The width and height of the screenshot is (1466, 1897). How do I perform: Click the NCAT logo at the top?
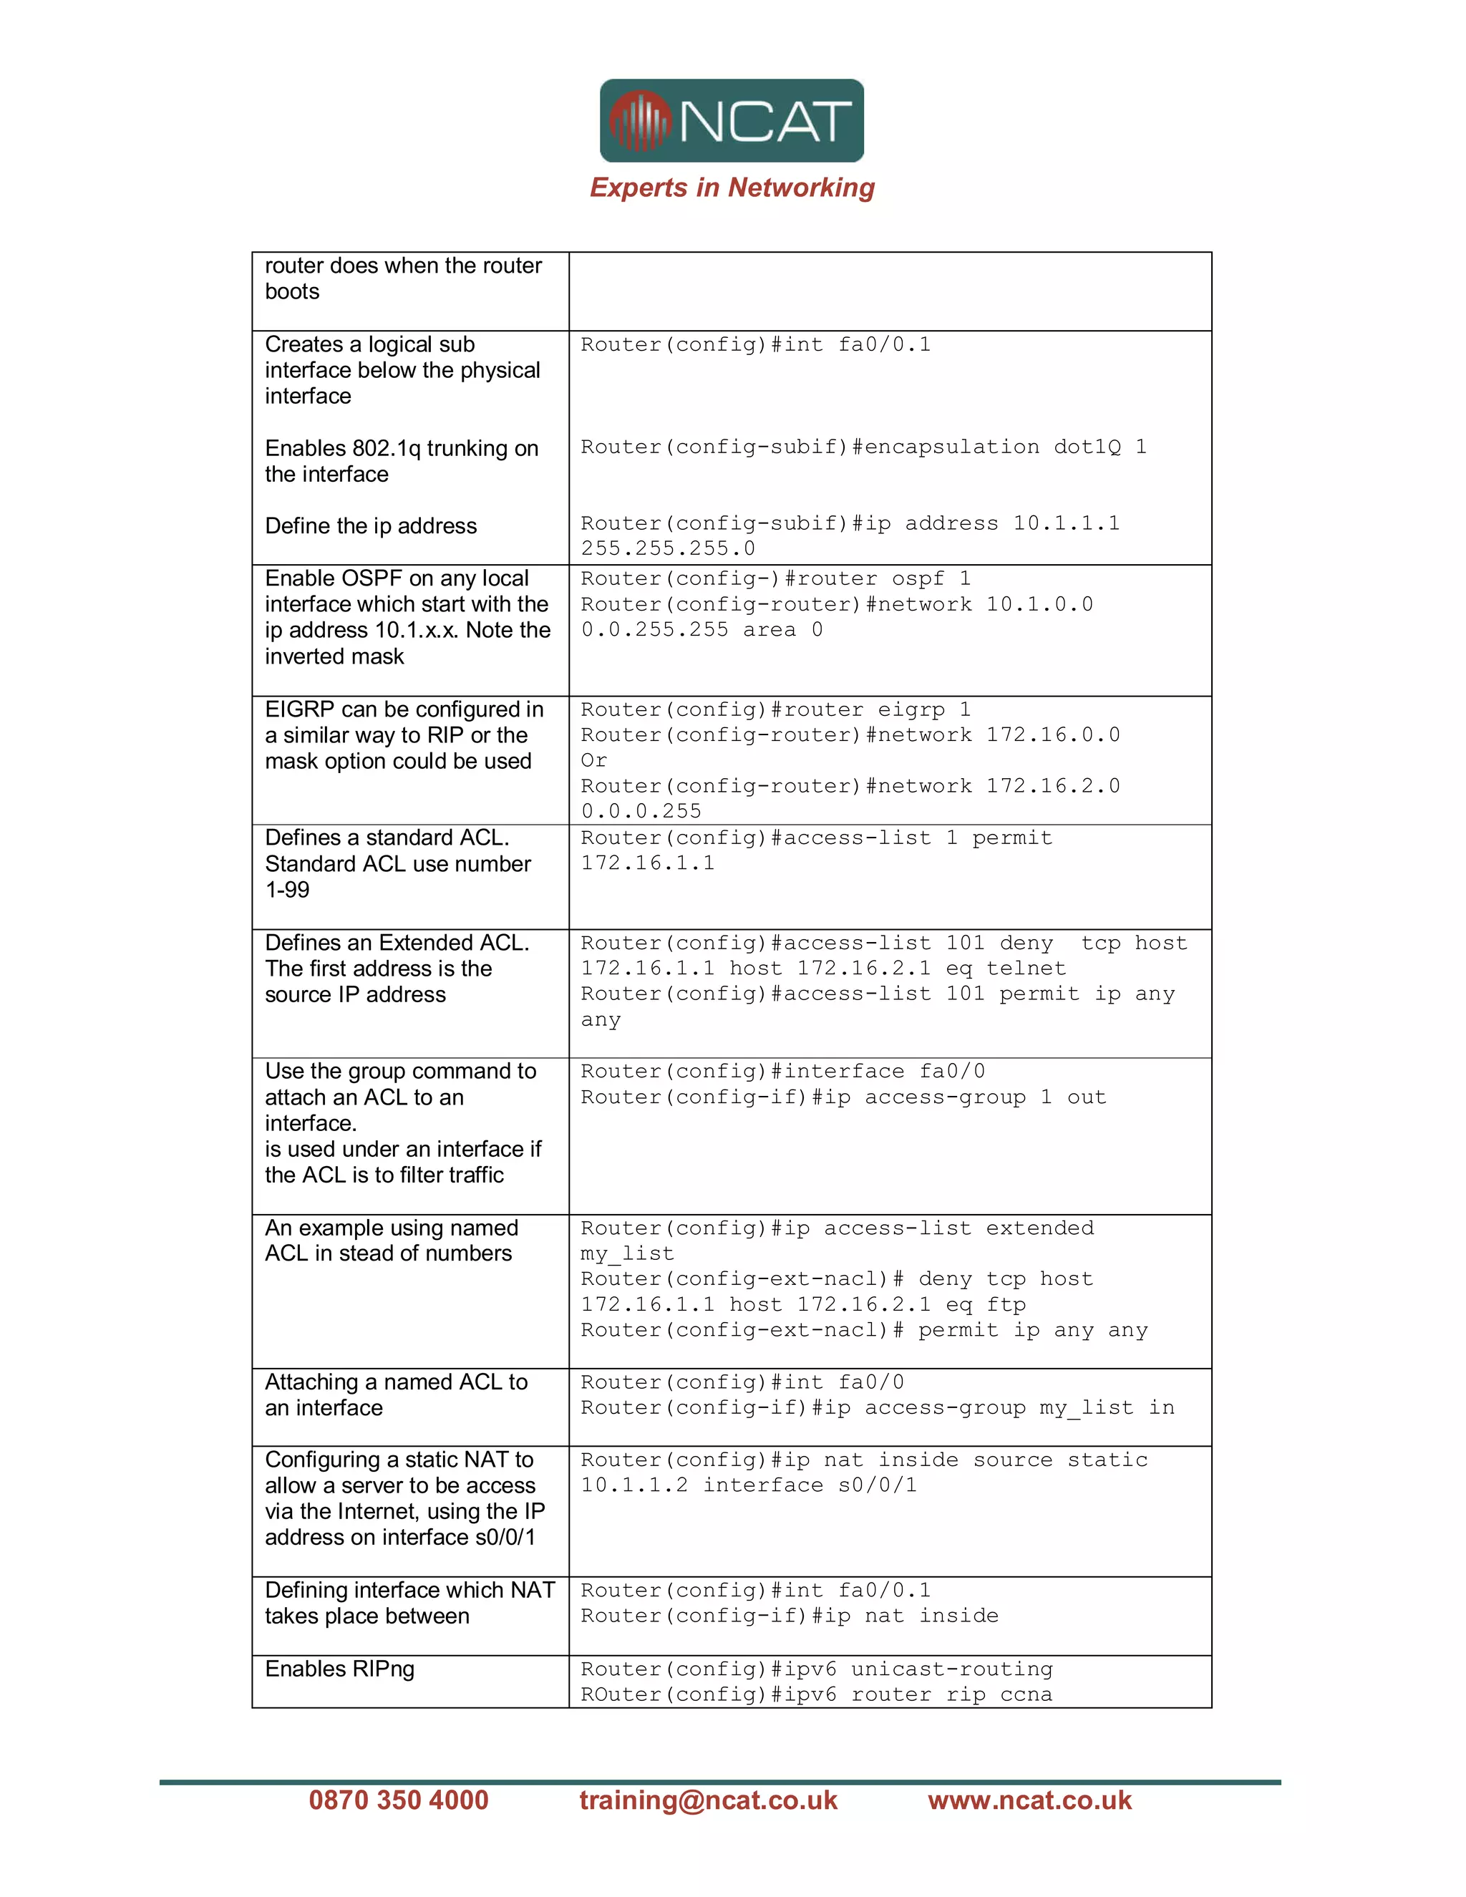point(732,121)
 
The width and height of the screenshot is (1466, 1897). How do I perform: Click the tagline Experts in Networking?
point(732,188)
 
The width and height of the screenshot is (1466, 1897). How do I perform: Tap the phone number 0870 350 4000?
point(399,1799)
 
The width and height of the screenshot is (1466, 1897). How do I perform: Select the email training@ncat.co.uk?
point(708,1799)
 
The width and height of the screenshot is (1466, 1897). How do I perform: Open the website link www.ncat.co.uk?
point(1029,1799)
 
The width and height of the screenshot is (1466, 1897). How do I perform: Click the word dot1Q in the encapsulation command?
point(1087,447)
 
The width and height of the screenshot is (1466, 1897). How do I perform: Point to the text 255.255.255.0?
point(668,548)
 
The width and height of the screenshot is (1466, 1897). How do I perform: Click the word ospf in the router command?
point(917,578)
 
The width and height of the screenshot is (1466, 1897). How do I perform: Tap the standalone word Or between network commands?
point(594,760)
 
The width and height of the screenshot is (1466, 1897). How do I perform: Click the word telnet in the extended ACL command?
point(1026,968)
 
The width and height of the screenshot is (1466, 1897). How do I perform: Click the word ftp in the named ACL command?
point(1006,1304)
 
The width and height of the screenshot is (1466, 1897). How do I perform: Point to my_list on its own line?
point(627,1253)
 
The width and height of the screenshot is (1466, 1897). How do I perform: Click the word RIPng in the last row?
point(383,1669)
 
